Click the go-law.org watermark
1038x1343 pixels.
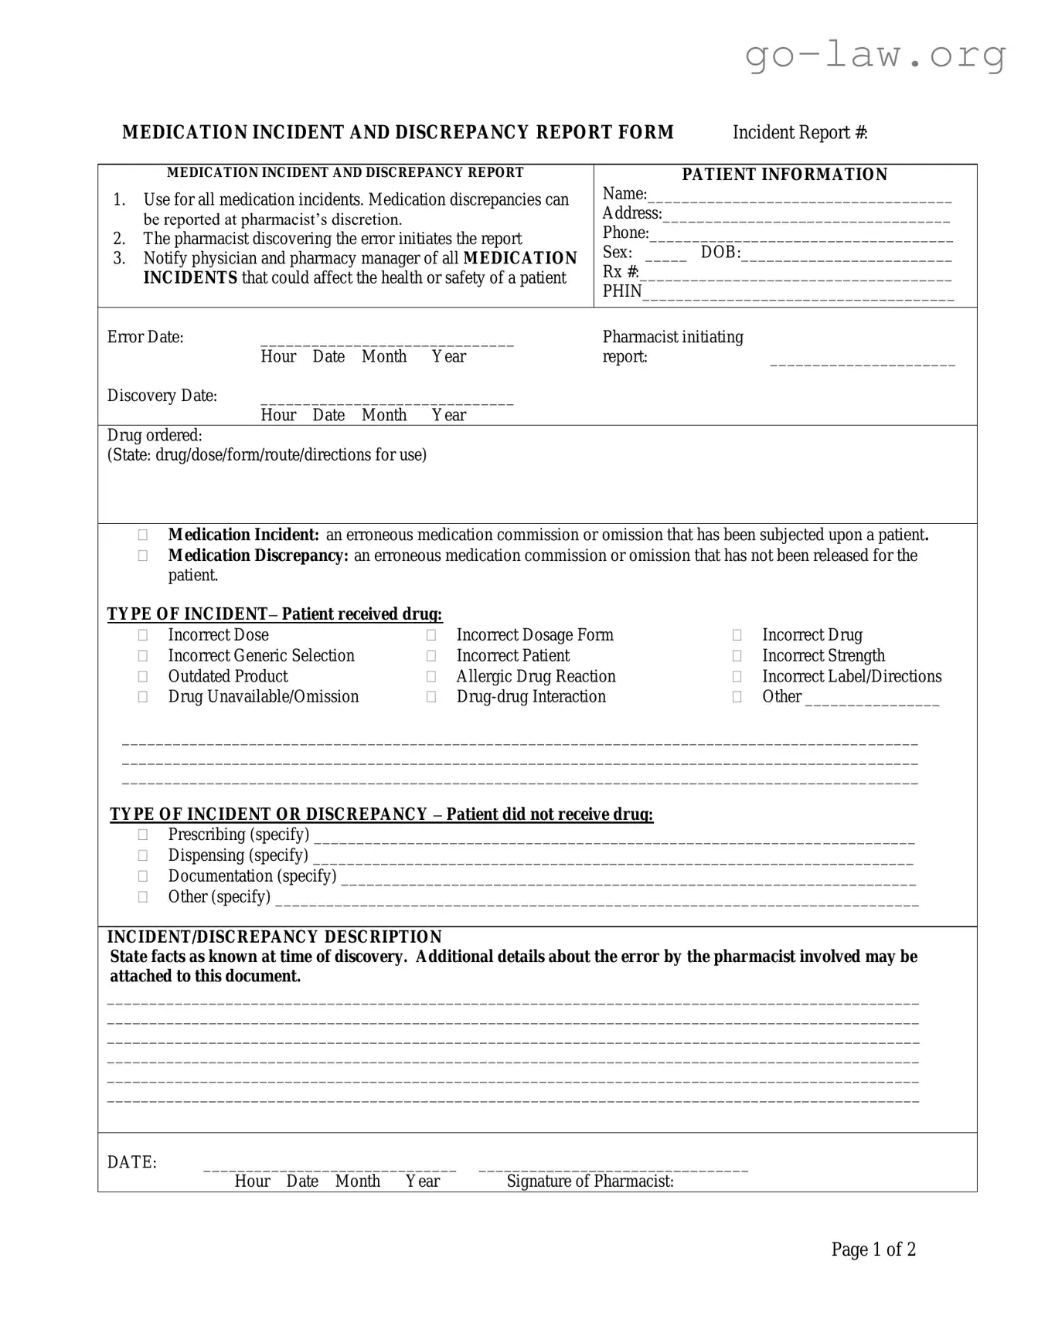point(875,55)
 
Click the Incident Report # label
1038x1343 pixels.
point(799,133)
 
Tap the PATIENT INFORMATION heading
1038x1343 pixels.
point(784,175)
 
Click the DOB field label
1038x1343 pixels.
point(720,253)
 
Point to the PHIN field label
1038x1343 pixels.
point(622,291)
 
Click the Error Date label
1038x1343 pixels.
point(145,337)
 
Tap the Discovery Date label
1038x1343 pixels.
point(162,396)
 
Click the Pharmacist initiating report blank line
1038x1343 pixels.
point(862,362)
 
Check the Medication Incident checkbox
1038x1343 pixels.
point(143,535)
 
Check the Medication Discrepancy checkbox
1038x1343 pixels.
point(143,556)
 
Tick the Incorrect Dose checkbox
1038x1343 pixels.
point(143,635)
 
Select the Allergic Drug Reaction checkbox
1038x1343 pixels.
point(431,677)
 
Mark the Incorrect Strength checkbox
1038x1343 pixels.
point(737,656)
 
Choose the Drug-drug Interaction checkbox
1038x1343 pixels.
point(431,697)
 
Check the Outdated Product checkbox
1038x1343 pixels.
point(143,677)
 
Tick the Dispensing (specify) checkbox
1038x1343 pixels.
point(143,855)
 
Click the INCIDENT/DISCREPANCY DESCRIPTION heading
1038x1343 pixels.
point(274,937)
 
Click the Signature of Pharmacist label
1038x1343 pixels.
point(590,1181)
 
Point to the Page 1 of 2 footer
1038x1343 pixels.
point(873,1249)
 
